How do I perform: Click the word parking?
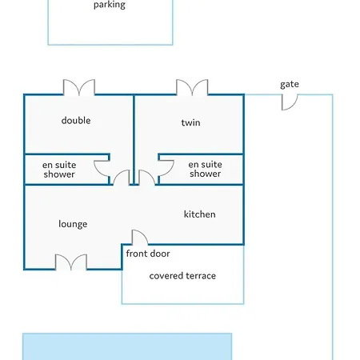pyautogui.click(x=110, y=5)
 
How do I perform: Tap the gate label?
pyautogui.click(x=290, y=85)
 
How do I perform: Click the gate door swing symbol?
pyautogui.click(x=290, y=102)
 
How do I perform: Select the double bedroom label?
pyautogui.click(x=76, y=120)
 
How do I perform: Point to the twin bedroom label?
pyautogui.click(x=190, y=122)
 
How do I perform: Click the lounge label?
pyautogui.click(x=73, y=224)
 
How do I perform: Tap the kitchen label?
pyautogui.click(x=200, y=214)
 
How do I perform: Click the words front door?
pyautogui.click(x=148, y=254)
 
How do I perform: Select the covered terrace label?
pyautogui.click(x=182, y=275)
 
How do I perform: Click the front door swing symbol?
pyautogui.click(x=140, y=238)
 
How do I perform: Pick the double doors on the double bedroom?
pyautogui.click(x=79, y=87)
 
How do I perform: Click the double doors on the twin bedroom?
pyautogui.click(x=192, y=87)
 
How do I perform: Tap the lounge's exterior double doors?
pyautogui.click(x=71, y=262)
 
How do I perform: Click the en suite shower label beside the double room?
pyautogui.click(x=59, y=170)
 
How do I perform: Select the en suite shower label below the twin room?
pyautogui.click(x=206, y=169)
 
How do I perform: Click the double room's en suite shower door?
pyautogui.click(x=102, y=168)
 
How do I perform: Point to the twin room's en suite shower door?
pyautogui.click(x=166, y=168)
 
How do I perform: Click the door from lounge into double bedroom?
pyautogui.click(x=122, y=178)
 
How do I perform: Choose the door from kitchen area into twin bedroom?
pyautogui.click(x=147, y=178)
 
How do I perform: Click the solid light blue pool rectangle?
pyautogui.click(x=127, y=346)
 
